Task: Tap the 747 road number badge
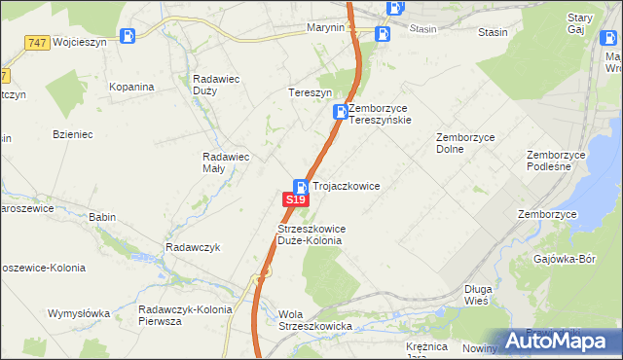[x=37, y=43]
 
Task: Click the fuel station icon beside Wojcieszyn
[x=127, y=37]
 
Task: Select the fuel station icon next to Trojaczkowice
[x=302, y=186]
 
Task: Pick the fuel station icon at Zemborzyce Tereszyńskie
[x=340, y=112]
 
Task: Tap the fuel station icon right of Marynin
[x=383, y=34]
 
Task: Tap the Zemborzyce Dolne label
[x=465, y=144]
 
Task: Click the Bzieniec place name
[x=73, y=134]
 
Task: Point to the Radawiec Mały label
[x=226, y=162]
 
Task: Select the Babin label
[x=101, y=217]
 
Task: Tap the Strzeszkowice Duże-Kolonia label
[x=311, y=234]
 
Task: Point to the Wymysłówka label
[x=79, y=313]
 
